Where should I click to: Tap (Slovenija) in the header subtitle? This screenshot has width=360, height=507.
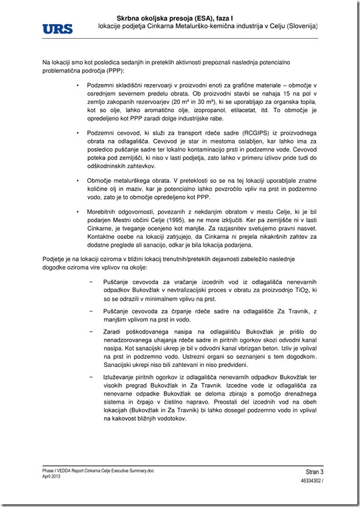coord(297,25)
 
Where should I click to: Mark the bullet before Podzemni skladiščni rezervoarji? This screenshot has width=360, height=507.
coord(79,87)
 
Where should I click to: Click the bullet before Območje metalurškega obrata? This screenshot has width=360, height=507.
coord(79,180)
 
